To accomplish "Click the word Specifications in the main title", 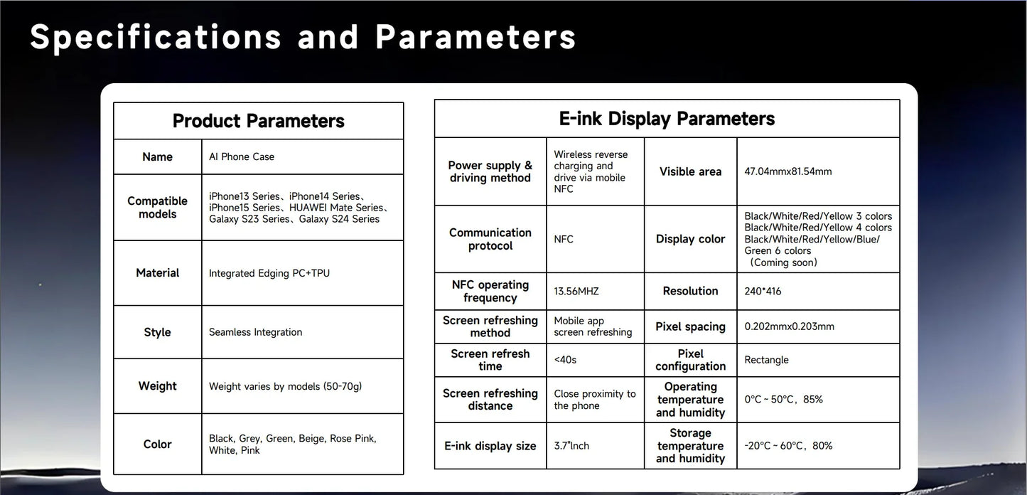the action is (156, 38).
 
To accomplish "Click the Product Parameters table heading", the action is (259, 121).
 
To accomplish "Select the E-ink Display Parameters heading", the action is (667, 119).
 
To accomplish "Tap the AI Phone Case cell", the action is (242, 157).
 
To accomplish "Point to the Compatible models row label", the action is (157, 208).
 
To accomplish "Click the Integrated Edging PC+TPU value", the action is (269, 273).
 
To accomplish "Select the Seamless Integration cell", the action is (255, 332).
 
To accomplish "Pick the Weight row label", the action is (157, 385).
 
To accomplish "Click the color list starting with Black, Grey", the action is (293, 444).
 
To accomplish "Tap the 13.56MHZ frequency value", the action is (576, 292).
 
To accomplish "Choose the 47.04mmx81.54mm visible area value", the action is (787, 171).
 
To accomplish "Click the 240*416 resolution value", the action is (763, 292).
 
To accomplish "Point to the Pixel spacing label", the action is (691, 326).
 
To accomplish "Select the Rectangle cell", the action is (766, 360).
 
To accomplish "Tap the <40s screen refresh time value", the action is (565, 360).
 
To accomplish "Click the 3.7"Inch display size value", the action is (571, 446).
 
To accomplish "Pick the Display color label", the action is (691, 239).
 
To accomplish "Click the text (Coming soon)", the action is (783, 262).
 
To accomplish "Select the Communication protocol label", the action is (490, 239).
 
